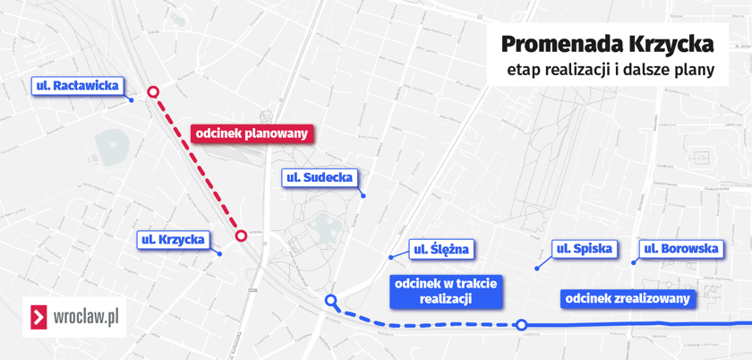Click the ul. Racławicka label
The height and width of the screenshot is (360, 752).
tap(76, 87)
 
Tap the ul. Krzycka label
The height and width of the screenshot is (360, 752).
tap(174, 240)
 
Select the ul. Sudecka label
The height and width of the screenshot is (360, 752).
tap(320, 178)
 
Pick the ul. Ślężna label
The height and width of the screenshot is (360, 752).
tap(440, 249)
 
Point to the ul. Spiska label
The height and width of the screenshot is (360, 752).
tap(585, 249)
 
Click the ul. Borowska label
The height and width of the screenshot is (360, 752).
tap(680, 249)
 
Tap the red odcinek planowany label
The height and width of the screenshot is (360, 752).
tap(252, 133)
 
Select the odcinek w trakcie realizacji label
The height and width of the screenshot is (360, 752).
tap(446, 290)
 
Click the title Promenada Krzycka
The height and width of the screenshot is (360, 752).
tap(607, 43)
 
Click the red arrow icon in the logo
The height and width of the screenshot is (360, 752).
tap(38, 317)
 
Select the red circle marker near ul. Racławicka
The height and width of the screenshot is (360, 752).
tap(153, 91)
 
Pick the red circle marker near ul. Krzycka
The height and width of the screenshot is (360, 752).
tap(241, 236)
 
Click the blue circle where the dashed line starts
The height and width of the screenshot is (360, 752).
tap(331, 301)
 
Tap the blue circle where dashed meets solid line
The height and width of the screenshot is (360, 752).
tap(521, 325)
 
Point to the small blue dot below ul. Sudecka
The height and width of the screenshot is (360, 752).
tap(363, 196)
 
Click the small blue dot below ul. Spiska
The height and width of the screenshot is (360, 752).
tap(537, 268)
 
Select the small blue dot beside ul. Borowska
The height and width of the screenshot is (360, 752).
tap(634, 262)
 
